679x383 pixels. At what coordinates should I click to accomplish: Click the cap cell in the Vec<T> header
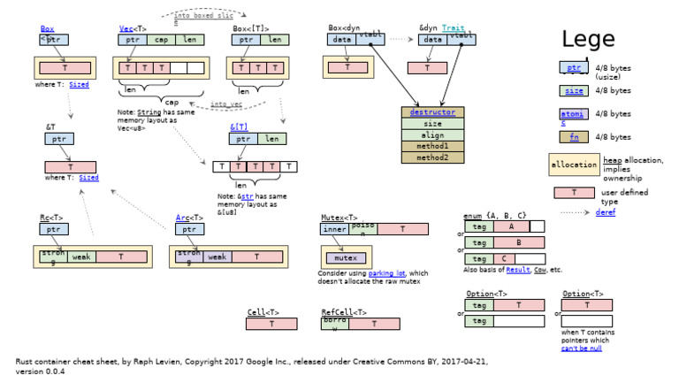pos(161,40)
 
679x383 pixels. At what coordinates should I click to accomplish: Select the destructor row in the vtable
pos(432,112)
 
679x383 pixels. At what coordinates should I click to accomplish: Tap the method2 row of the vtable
pos(432,157)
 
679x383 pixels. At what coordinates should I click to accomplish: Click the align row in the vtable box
pos(432,135)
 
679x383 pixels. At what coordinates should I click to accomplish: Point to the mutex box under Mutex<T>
pos(344,258)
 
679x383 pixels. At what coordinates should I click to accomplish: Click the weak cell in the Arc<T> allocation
pos(217,257)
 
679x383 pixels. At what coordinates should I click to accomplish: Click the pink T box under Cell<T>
pos(271,324)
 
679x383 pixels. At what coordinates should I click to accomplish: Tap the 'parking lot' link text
pos(386,273)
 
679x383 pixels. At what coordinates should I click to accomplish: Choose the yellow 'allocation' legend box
pos(575,165)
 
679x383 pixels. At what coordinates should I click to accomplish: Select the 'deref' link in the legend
pos(606,212)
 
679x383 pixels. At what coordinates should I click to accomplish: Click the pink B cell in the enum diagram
pos(518,241)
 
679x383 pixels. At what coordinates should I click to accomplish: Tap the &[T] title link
pos(238,127)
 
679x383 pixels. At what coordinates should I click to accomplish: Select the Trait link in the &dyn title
pos(453,28)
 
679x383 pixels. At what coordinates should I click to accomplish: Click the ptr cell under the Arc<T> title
pos(188,229)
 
